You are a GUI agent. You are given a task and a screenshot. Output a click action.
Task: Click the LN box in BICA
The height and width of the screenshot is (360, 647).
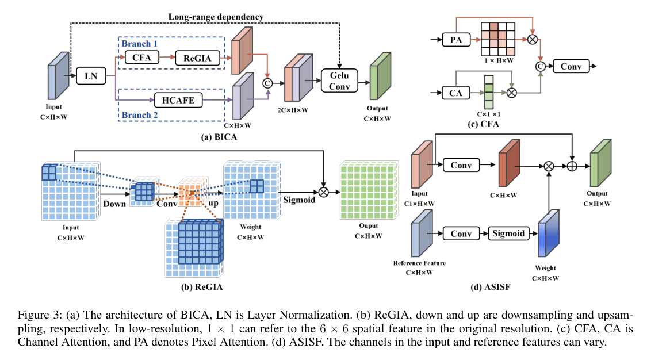[91, 76]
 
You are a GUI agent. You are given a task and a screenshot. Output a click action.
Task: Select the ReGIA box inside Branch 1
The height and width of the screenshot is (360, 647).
[197, 58]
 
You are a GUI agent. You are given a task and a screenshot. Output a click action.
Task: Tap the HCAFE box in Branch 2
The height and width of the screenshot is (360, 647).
[178, 100]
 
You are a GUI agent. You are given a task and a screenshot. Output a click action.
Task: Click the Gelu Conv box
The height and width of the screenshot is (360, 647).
[339, 81]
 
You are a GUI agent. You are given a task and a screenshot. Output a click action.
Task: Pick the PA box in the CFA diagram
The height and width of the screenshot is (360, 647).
[456, 40]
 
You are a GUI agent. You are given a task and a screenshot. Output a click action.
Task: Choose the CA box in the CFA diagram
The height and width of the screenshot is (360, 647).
[455, 93]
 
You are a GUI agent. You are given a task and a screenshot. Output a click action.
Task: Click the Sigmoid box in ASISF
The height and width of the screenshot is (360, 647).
[508, 233]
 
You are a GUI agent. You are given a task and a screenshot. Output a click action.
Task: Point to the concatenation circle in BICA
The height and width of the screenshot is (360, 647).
[267, 83]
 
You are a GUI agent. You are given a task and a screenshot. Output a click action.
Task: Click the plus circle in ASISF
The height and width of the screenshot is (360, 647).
[572, 166]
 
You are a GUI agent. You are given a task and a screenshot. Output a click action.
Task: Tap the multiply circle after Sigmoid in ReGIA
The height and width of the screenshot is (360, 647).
[323, 192]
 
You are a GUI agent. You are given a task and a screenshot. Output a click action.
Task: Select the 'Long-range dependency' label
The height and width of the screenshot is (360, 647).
[216, 17]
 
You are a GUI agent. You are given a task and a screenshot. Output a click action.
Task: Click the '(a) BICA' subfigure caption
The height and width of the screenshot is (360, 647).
[219, 137]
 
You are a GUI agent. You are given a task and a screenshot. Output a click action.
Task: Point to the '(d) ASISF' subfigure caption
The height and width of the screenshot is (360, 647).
[490, 287]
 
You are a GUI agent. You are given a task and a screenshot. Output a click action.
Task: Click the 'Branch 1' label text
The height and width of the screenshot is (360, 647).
[140, 44]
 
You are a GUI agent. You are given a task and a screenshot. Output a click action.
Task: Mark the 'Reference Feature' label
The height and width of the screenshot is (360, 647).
[419, 263]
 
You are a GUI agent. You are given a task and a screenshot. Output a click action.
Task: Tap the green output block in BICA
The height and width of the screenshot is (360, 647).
[381, 76]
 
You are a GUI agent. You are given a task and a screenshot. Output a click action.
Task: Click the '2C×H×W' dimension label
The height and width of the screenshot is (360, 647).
[293, 110]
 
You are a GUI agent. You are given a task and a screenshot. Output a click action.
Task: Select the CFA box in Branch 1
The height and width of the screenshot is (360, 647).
[141, 58]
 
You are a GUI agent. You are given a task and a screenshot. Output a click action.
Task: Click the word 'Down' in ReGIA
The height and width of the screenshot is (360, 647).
[114, 204]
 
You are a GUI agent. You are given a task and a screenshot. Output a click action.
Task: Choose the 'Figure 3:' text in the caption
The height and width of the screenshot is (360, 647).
[40, 316]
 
